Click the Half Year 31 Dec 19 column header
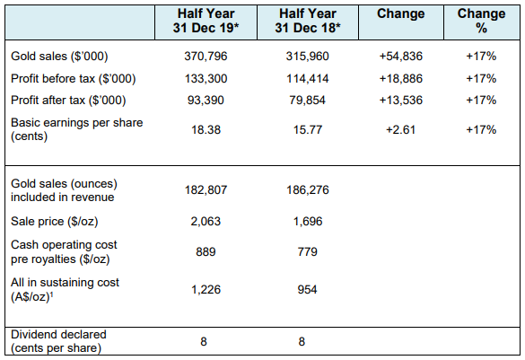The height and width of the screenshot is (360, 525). tap(206, 21)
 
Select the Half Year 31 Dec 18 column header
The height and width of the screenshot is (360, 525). tap(308, 21)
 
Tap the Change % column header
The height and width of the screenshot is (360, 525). tap(481, 21)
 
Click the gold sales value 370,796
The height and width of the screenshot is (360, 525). tap(206, 56)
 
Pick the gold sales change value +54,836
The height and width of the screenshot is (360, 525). tap(401, 56)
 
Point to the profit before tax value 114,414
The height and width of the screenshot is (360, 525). tap(308, 79)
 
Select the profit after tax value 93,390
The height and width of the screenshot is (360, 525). tap(206, 101)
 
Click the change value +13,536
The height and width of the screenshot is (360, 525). tap(401, 101)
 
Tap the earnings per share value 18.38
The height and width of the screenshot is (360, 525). tap(206, 129)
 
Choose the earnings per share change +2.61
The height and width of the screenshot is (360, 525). tap(401, 129)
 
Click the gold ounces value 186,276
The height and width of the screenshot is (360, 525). tap(308, 190)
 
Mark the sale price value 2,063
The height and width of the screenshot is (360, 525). tap(206, 222)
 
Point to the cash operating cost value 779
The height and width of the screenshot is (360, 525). tap(307, 251)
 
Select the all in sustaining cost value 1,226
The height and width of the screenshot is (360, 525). tap(206, 289)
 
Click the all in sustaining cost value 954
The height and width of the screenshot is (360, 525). tap(307, 289)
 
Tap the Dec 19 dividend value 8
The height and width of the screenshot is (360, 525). tap(204, 341)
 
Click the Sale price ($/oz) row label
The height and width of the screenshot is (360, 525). tap(54, 222)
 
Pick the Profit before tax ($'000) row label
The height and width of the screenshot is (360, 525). tap(74, 79)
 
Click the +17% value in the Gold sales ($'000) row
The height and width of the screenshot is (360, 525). tap(481, 56)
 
